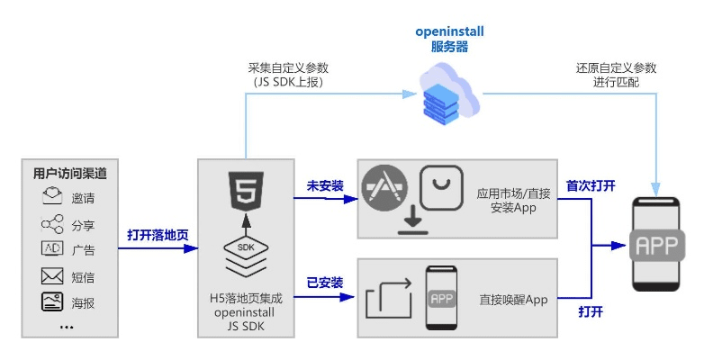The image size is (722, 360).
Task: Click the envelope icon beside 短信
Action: (x=52, y=276)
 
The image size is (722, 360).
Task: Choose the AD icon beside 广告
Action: (x=52, y=249)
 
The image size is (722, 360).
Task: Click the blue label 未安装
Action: (x=325, y=185)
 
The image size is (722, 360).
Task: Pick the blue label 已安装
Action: (x=325, y=283)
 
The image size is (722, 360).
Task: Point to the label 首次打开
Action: (x=591, y=185)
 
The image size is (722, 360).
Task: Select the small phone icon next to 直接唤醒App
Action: (x=441, y=299)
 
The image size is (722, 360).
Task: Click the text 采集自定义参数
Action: (x=286, y=67)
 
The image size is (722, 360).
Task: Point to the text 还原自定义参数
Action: (x=616, y=67)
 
